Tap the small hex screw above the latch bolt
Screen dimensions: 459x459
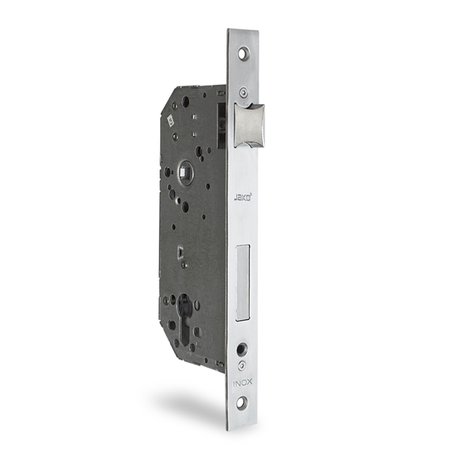click(243, 93)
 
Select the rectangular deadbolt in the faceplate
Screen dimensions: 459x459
click(243, 283)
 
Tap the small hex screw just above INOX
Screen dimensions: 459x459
click(242, 365)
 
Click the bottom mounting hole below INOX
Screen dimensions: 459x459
click(242, 403)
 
